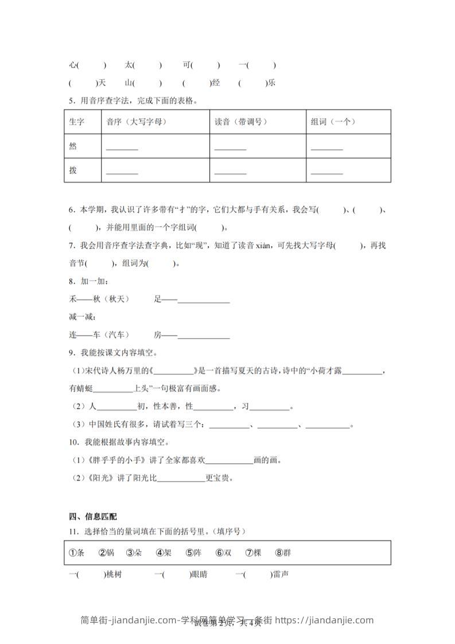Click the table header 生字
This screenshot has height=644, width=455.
click(x=76, y=122)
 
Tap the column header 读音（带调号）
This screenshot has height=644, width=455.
click(x=241, y=122)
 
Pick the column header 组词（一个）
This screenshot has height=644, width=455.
click(x=333, y=122)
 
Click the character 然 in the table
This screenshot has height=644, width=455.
click(x=72, y=146)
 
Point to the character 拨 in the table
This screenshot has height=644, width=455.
click(x=72, y=170)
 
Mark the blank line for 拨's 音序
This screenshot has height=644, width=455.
click(x=122, y=173)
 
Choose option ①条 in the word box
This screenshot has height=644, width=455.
click(x=77, y=553)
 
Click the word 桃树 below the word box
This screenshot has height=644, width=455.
click(x=114, y=573)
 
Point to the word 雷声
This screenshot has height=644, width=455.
click(x=280, y=573)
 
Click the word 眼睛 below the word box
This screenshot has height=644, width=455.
click(x=199, y=573)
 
